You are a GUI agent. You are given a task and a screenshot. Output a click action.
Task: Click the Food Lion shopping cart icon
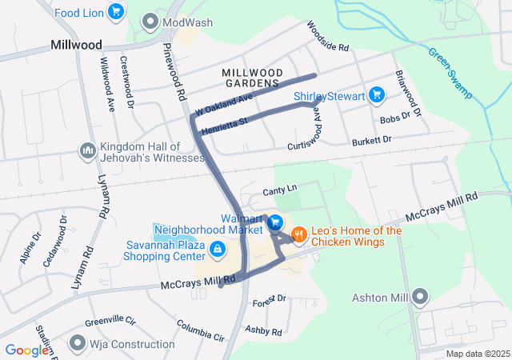117,11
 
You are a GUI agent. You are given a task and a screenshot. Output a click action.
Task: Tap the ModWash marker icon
150,22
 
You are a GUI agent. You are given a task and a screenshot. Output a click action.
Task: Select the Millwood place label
76,45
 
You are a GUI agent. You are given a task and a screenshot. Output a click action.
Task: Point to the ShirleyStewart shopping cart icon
378,97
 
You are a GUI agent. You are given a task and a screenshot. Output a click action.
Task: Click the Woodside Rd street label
328,37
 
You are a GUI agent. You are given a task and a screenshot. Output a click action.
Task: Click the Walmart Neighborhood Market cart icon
274,222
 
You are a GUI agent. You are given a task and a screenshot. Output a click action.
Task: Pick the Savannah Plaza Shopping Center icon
217,250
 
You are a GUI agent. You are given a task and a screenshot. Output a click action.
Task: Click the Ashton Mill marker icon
421,298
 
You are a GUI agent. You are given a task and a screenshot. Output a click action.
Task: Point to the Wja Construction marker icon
78,344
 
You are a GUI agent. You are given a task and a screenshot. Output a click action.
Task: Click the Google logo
26,350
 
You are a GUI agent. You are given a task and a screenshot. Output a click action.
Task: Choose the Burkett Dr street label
371,142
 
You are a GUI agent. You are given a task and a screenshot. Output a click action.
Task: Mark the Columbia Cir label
201,330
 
